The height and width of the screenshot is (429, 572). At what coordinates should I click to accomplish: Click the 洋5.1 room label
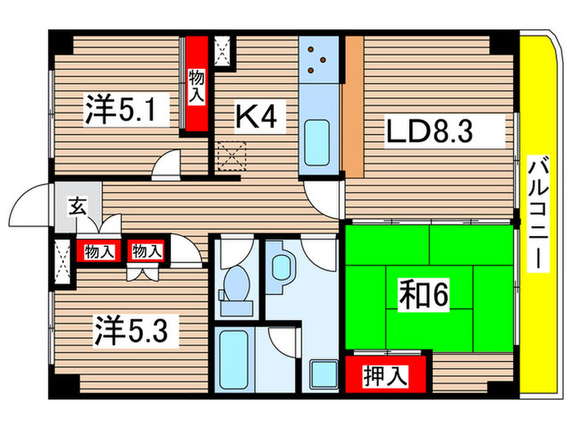tap(115, 111)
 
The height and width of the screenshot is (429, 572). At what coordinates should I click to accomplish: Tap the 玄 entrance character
tap(75, 207)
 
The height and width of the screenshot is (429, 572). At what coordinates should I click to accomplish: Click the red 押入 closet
tap(386, 376)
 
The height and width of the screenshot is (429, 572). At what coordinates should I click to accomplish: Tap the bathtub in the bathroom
tap(236, 360)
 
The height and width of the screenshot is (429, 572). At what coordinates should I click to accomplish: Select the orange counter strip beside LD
tap(352, 106)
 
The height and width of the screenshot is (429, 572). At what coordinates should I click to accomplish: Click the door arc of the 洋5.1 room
tap(168, 166)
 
